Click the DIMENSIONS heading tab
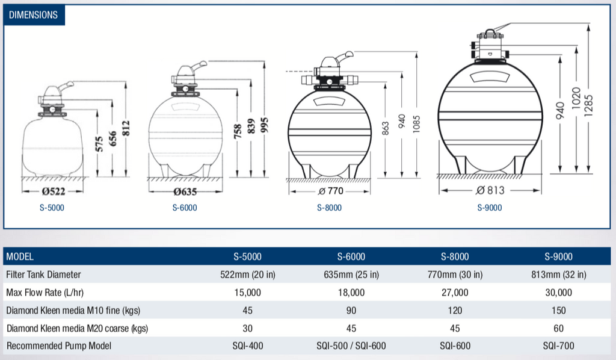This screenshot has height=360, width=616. click(x=34, y=14)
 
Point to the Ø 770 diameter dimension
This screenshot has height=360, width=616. click(x=329, y=191)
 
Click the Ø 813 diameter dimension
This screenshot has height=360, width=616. click(x=490, y=190)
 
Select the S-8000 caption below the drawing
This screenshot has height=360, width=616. click(x=329, y=208)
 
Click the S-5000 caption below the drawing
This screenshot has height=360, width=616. click(x=51, y=208)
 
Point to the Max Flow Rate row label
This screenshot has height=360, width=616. click(x=45, y=293)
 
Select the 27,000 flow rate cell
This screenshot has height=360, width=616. click(x=455, y=293)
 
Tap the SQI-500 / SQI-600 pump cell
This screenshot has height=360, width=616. click(x=351, y=346)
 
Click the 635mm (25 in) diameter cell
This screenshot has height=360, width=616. click(x=351, y=275)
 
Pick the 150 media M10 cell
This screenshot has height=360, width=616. click(x=558, y=311)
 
